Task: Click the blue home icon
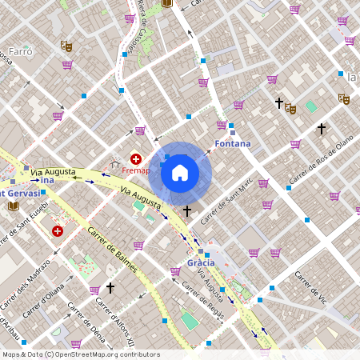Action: [180, 172]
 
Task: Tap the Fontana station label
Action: [233, 144]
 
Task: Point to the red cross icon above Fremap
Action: [136, 159]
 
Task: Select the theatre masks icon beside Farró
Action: [67, 47]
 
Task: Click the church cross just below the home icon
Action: [187, 211]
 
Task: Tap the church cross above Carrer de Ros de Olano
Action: [321, 128]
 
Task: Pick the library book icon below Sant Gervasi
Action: [13, 206]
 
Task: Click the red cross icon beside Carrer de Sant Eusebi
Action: [58, 231]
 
